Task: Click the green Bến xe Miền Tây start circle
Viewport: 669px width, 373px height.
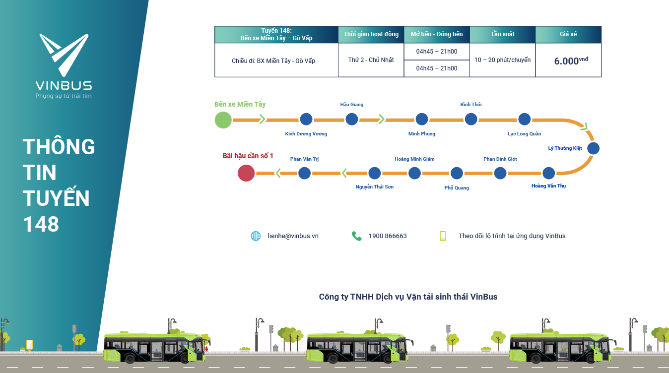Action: point(223,120)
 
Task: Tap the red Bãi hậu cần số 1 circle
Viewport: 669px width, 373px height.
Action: point(246,173)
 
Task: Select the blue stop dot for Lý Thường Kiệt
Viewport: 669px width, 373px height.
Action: point(593,148)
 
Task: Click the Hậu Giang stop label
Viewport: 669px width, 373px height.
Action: point(351,105)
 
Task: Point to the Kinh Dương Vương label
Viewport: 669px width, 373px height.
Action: point(306,134)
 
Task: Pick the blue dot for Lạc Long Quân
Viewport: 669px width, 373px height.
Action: point(525,119)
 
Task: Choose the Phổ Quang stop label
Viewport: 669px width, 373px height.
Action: point(457,188)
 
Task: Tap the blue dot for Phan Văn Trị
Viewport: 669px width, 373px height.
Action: point(304,173)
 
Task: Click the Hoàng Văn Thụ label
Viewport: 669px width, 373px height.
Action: point(548,186)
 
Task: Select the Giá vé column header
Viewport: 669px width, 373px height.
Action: point(568,34)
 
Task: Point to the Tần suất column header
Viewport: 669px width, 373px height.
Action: point(502,34)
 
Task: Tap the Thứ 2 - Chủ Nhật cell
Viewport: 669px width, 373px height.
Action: point(371,60)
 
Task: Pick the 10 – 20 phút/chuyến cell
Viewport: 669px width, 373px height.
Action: point(502,60)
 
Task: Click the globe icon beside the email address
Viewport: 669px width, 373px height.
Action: point(256,236)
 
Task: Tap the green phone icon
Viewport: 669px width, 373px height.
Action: point(356,236)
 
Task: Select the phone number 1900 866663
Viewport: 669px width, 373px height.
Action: point(388,236)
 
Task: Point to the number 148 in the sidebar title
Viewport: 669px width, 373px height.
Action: point(41,224)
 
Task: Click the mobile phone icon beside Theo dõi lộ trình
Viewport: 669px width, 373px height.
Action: point(443,236)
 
